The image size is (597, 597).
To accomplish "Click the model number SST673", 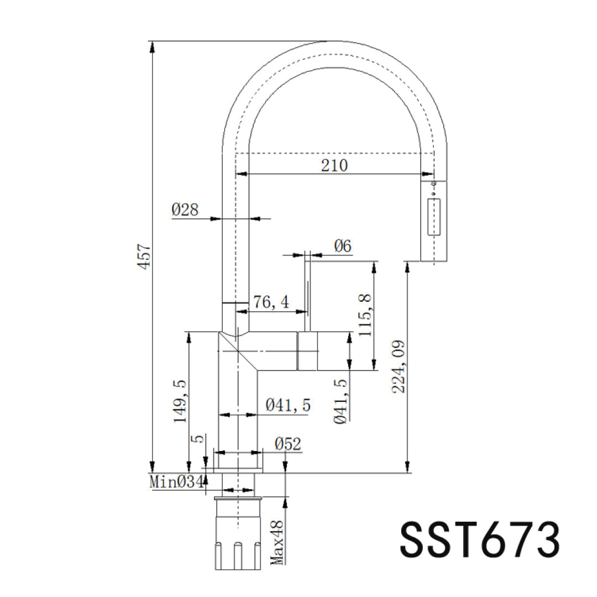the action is (x=480, y=540).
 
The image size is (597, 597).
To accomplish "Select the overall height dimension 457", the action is (x=145, y=258).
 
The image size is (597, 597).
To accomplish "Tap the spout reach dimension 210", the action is (x=334, y=166).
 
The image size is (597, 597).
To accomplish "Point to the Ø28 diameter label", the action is (x=185, y=210).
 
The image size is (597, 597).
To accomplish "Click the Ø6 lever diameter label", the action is (x=343, y=246).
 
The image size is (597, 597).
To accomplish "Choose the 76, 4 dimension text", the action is (x=271, y=302).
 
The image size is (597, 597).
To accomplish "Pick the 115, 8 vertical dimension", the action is (x=365, y=315).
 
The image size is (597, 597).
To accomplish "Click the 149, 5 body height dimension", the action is (x=180, y=401).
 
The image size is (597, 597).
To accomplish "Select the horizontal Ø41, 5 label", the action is (x=288, y=405).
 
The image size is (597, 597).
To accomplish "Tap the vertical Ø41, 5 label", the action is (x=341, y=402).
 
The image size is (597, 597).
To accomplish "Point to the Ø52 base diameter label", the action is (x=288, y=444).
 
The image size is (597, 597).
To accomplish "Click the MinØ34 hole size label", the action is (x=177, y=482).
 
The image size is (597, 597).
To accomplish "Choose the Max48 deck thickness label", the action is (x=277, y=543).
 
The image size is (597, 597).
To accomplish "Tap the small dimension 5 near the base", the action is (x=199, y=439).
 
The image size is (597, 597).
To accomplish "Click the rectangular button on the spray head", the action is (x=434, y=217).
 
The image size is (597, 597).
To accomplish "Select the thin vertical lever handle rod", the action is (x=308, y=291).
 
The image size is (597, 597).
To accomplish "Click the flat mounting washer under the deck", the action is (x=238, y=498).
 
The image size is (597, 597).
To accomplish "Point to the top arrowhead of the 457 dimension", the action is (x=153, y=46).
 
